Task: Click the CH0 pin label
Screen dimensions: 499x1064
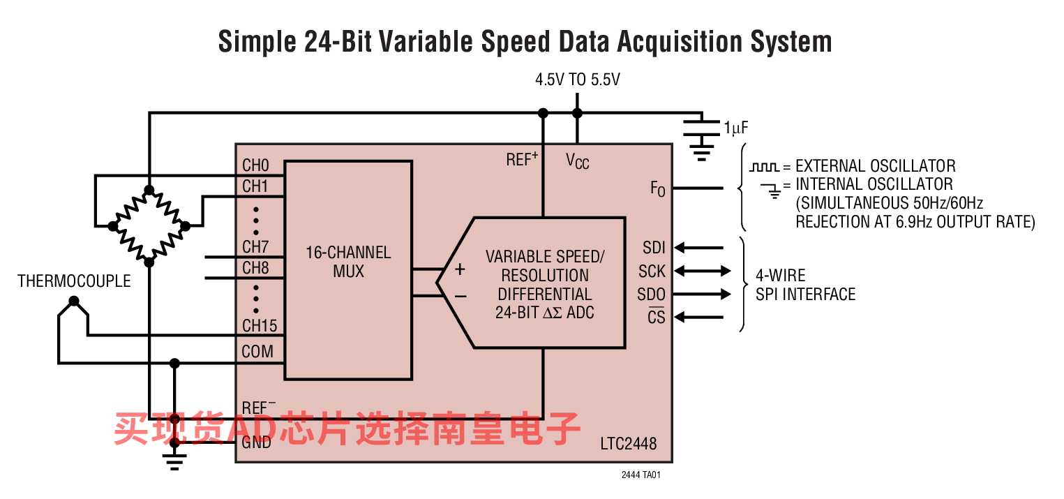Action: pos(255,166)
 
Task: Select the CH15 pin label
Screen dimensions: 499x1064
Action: pos(260,325)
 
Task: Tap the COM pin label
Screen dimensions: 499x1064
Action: pos(257,351)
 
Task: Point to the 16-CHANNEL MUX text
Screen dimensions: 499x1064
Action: pos(348,262)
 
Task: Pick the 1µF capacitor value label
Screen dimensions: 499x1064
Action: pos(736,128)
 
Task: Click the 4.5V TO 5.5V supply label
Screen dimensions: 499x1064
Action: pos(577,80)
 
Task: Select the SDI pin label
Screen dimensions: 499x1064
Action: pos(654,247)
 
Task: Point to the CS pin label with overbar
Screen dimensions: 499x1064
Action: pos(656,318)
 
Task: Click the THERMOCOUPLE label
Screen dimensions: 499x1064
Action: pos(74,281)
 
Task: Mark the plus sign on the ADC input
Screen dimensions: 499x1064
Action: pos(460,269)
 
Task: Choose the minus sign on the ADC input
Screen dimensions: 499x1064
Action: pos(460,296)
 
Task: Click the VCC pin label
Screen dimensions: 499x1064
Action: pos(577,161)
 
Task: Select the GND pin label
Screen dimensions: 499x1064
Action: pos(256,442)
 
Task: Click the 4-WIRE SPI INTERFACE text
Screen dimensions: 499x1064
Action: pos(805,285)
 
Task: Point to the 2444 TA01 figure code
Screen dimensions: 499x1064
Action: pos(640,475)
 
